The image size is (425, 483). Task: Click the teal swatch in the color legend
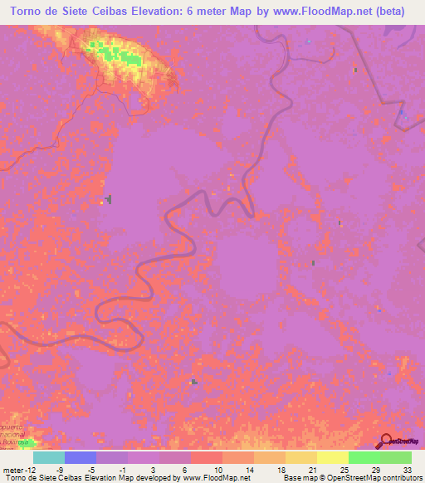(48, 457)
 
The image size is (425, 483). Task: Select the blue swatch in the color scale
(80, 457)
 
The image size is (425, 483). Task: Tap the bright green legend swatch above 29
(364, 457)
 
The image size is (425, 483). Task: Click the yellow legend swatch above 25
(332, 457)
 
